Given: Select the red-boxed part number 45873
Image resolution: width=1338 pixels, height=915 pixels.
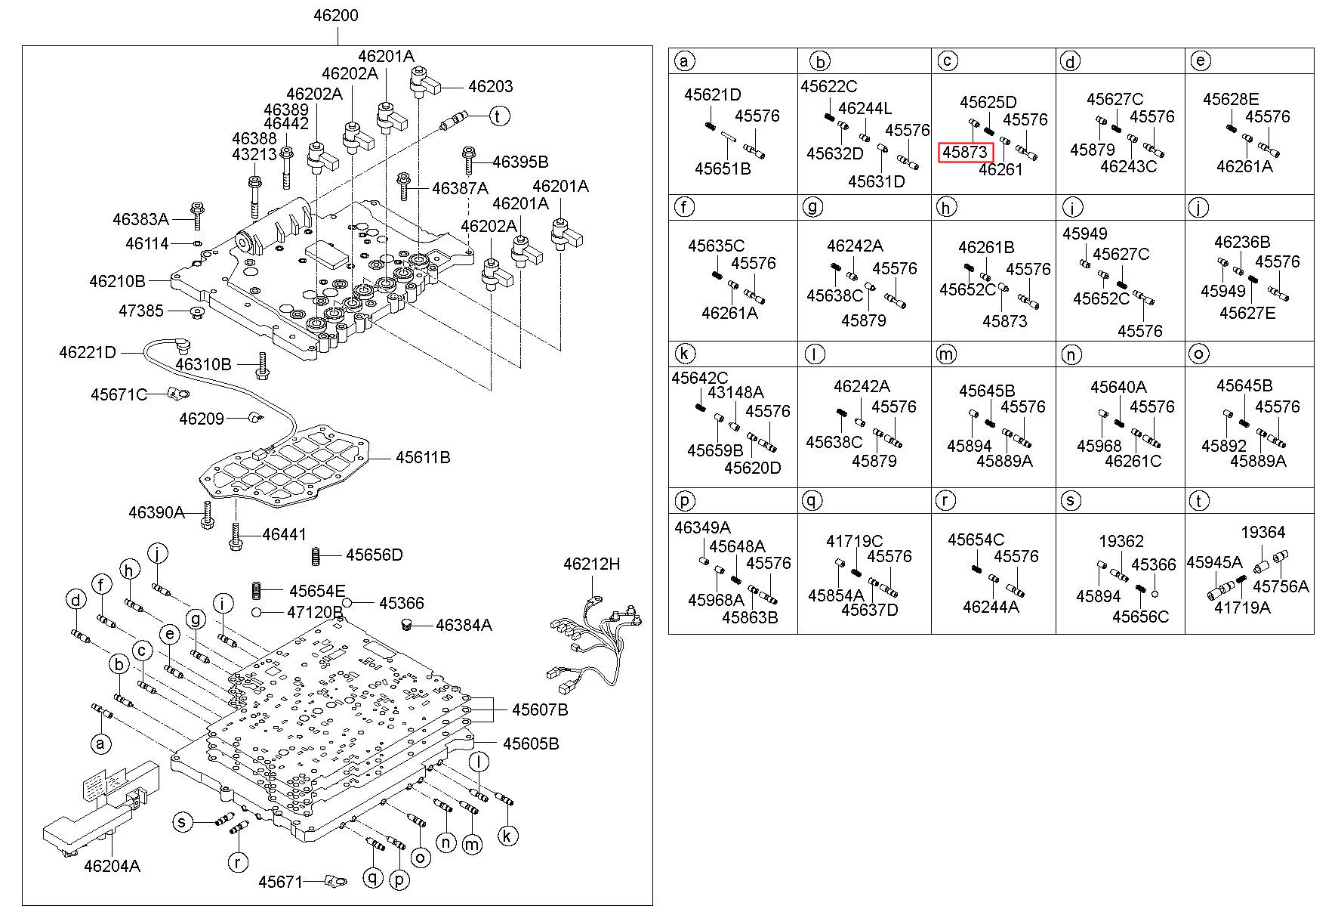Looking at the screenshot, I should (966, 152).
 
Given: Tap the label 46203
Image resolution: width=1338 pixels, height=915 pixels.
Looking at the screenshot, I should (490, 86).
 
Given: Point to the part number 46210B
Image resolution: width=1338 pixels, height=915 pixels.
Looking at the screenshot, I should (117, 281).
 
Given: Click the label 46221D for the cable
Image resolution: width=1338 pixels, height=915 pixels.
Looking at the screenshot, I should (88, 352).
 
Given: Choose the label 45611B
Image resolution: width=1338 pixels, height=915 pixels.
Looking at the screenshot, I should (423, 457).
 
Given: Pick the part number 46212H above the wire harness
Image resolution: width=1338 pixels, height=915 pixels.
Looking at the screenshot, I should (591, 564).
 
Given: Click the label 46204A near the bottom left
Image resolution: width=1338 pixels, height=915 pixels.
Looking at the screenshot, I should (113, 866).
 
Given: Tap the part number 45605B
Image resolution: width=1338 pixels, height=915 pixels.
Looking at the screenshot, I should (532, 743).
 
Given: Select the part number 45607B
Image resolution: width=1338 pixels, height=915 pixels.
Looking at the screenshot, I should (540, 709).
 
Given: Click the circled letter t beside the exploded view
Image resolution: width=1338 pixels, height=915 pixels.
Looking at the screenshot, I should (498, 116).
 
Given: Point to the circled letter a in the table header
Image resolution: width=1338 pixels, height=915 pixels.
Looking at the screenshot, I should (683, 61).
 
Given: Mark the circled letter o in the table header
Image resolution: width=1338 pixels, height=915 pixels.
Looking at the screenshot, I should (1198, 354).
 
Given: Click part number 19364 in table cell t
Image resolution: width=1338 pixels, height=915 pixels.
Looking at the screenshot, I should (1263, 532).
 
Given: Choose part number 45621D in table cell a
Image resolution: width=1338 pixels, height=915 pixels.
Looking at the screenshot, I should (713, 94).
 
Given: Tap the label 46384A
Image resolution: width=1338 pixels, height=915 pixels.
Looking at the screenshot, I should (464, 625).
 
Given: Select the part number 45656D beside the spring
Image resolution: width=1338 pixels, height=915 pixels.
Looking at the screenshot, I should (375, 555).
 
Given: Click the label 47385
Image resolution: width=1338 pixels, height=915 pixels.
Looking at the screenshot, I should (141, 311).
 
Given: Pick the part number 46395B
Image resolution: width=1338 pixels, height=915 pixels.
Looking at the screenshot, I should (520, 162).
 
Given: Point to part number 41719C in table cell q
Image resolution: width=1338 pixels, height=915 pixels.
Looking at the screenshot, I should (854, 541).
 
